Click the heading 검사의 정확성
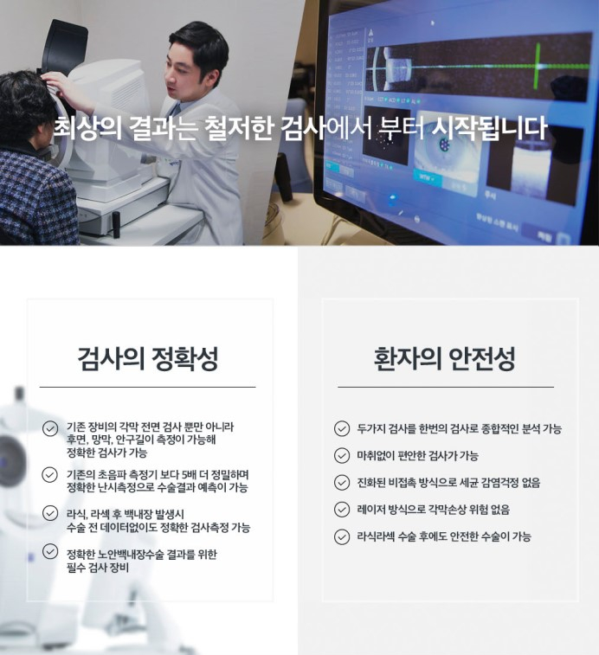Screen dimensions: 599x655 click(x=147, y=358)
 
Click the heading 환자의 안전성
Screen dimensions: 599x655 click(x=445, y=358)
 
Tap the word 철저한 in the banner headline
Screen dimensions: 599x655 click(x=238, y=128)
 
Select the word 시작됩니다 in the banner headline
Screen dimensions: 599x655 click(x=489, y=128)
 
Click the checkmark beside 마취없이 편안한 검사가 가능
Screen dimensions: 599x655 click(x=342, y=455)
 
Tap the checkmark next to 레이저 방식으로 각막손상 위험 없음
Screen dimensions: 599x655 click(x=342, y=510)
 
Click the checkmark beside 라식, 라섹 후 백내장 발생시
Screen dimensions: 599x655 click(x=50, y=513)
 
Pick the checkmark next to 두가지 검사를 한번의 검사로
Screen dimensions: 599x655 click(x=342, y=428)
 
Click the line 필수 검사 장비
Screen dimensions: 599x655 click(x=98, y=568)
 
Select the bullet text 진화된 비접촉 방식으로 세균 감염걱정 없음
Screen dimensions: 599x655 click(x=448, y=483)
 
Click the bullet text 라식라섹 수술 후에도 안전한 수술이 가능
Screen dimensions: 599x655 click(x=444, y=536)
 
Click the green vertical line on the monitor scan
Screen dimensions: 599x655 click(x=538, y=66)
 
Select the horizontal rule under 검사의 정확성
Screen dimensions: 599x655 click(x=147, y=388)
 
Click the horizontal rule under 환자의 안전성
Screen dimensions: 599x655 click(x=446, y=388)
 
